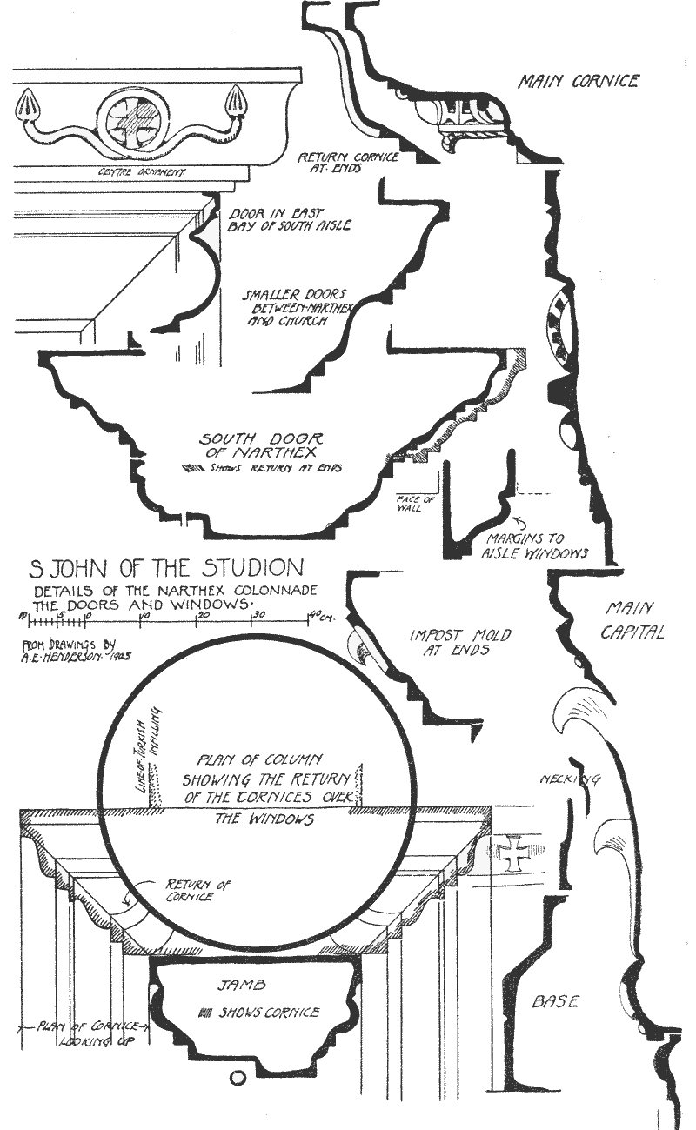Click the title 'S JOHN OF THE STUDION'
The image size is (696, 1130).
(x=167, y=571)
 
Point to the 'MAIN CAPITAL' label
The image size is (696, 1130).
(x=632, y=620)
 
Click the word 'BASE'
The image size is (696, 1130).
(x=555, y=1002)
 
